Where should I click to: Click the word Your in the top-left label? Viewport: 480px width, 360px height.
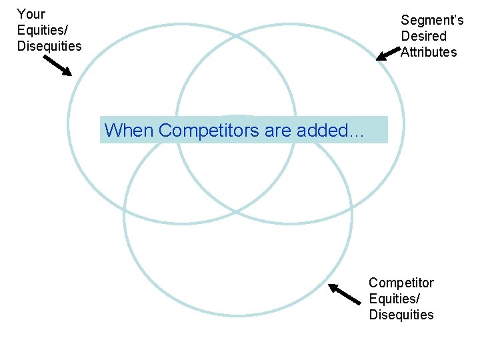point(31,13)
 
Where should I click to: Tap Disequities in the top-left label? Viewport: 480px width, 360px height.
point(49,46)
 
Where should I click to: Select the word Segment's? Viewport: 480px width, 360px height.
point(432,20)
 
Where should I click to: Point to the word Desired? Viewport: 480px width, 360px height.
point(423,36)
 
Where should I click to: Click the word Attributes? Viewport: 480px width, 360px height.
point(429,52)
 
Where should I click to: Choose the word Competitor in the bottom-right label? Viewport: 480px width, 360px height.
point(401,283)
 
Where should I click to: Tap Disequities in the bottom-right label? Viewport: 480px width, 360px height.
point(401,315)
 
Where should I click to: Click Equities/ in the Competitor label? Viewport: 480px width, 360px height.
point(395,299)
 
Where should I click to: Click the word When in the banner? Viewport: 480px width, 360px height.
point(129,130)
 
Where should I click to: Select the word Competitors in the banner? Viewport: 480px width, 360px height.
point(209,130)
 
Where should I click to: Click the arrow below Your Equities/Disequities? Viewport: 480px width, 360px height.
point(58,65)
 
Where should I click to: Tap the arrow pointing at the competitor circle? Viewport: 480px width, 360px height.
point(344,294)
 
